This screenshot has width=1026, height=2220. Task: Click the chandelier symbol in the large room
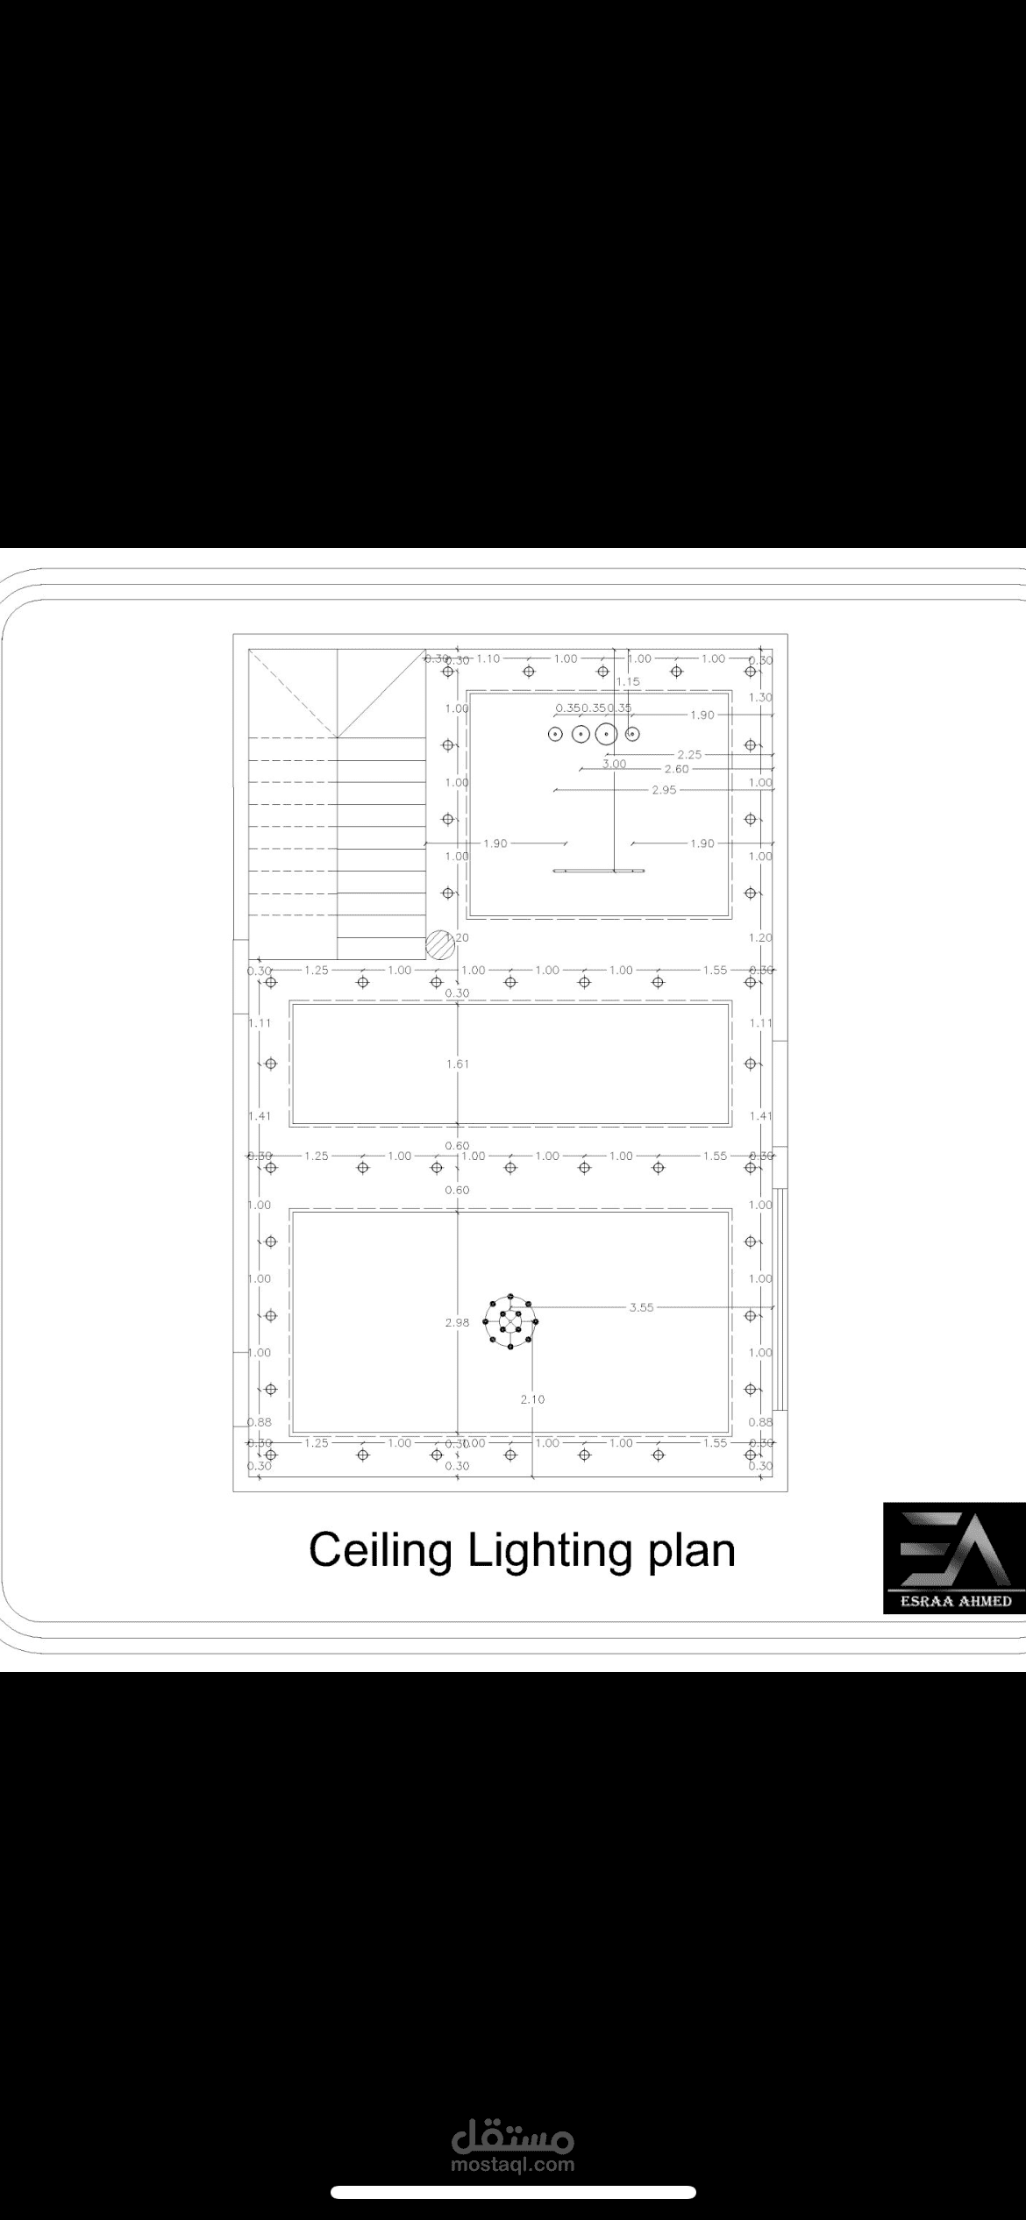coord(510,1321)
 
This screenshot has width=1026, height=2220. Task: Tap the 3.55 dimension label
coord(641,1307)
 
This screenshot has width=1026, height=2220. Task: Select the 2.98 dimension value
coord(457,1322)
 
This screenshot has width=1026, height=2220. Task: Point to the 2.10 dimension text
coord(532,1399)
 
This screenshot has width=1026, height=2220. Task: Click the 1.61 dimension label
coord(457,1064)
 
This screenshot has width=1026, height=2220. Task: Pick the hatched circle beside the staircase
coord(438,945)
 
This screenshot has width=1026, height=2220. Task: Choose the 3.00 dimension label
coord(614,764)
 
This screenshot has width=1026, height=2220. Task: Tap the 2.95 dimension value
coord(664,790)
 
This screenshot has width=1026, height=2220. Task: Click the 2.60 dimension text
coord(676,769)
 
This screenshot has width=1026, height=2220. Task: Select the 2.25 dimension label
coord(689,754)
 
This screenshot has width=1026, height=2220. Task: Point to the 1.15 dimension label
coord(628,681)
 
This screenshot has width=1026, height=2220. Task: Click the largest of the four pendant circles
coord(606,734)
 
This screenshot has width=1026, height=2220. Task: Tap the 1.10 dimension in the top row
coord(488,658)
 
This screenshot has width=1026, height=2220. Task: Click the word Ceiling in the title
coord(380,1551)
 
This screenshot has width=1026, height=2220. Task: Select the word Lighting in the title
coord(549,1551)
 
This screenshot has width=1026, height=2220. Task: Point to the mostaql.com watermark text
coord(513,2165)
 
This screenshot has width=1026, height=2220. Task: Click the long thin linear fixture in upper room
coord(599,871)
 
